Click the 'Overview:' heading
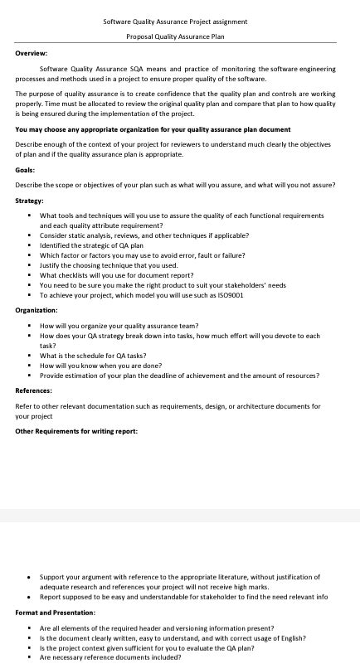point(31,53)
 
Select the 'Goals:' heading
point(25,170)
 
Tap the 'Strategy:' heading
point(29,201)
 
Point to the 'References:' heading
point(33,390)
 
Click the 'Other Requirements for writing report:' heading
point(76,431)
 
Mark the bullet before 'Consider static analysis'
point(28,235)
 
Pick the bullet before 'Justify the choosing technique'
point(28,265)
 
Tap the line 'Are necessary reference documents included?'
point(110,657)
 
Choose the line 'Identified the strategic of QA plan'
point(91,245)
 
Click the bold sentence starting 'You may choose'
point(153,129)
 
